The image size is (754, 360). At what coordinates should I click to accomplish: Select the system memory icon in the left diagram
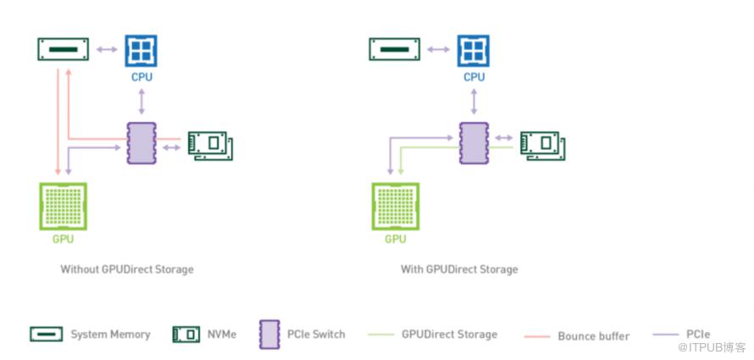pyautogui.click(x=64, y=49)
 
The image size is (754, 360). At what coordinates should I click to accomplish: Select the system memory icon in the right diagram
pyautogui.click(x=394, y=49)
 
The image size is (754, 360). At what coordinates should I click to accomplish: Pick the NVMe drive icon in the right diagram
pyautogui.click(x=542, y=145)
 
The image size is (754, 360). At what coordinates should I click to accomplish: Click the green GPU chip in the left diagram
pyautogui.click(x=64, y=206)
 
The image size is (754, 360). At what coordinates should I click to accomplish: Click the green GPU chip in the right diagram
pyautogui.click(x=396, y=206)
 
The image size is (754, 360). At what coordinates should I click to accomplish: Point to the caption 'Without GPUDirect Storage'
pyautogui.click(x=127, y=269)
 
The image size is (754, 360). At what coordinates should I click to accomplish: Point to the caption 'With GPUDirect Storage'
pyautogui.click(x=459, y=269)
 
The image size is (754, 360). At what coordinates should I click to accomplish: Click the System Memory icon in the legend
pyautogui.click(x=46, y=335)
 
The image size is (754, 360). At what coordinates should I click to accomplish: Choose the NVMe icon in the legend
pyautogui.click(x=186, y=335)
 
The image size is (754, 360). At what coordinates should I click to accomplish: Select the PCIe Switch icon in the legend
pyautogui.click(x=269, y=335)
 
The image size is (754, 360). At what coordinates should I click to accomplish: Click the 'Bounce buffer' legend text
pyautogui.click(x=593, y=336)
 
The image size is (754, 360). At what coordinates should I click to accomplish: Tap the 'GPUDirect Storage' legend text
pyautogui.click(x=449, y=335)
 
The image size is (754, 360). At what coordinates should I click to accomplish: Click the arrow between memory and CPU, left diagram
pyautogui.click(x=106, y=49)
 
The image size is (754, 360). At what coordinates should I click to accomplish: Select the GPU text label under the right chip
pyautogui.click(x=396, y=239)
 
